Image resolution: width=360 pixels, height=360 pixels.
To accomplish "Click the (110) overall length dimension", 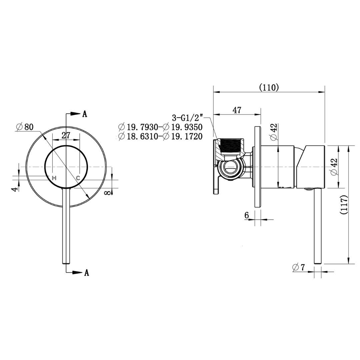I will tap(269, 87).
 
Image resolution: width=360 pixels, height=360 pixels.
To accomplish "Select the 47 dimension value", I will tap(237, 110).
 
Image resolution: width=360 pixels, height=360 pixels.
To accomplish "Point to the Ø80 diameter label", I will tap(25, 127).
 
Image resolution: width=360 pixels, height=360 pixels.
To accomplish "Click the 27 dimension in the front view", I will tap(66, 135).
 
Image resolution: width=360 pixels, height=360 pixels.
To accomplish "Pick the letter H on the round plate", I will tap(54, 178).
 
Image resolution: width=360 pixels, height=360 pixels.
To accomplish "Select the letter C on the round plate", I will tap(78, 178).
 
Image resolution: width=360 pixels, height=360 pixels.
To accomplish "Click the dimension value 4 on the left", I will tap(14, 189).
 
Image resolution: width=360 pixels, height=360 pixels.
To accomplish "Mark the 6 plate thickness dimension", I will tap(247, 215).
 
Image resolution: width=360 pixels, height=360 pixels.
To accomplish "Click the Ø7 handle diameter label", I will tap(299, 267).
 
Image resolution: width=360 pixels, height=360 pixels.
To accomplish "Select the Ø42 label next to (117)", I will tap(334, 167).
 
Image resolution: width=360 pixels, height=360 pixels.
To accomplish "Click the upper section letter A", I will tap(85, 114).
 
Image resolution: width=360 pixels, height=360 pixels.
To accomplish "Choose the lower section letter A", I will tap(86, 273).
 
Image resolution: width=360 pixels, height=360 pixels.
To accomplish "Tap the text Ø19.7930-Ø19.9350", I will tap(160, 127).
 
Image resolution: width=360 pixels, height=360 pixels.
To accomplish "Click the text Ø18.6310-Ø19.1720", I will tap(160, 136).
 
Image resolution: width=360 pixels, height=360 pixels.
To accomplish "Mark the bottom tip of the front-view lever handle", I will tap(66, 262).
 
